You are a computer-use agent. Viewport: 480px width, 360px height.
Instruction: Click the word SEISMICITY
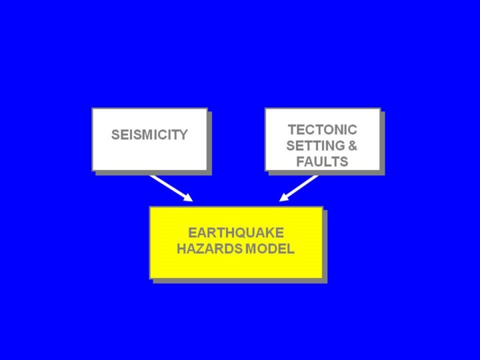149,135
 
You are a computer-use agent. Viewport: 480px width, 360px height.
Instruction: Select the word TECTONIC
322,129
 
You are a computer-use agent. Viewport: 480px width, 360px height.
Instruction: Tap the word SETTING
315,145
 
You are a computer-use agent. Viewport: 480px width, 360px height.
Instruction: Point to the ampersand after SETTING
353,145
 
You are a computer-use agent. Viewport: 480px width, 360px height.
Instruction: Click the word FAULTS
322,162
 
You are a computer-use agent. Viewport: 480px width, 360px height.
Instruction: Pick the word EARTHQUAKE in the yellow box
236,233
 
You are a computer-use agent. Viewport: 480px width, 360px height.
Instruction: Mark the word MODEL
270,250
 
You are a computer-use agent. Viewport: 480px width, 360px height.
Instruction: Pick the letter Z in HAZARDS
198,250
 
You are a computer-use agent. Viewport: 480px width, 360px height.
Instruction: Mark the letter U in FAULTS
317,162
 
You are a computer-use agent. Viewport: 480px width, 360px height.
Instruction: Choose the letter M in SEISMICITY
144,135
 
